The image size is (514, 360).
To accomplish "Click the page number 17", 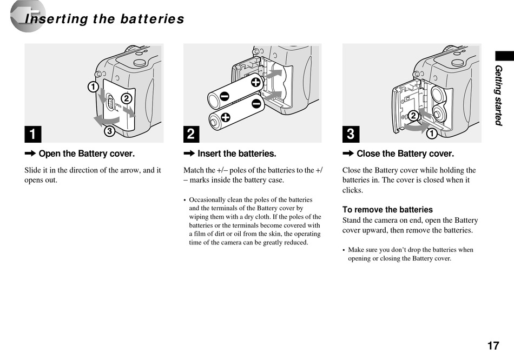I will tap(492, 345).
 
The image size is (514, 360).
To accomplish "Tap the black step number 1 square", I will tap(32, 134).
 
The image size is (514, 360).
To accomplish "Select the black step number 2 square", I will tap(192, 134).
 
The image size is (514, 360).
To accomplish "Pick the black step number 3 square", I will tap(351, 134).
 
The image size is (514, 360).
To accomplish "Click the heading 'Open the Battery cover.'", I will tap(87, 154).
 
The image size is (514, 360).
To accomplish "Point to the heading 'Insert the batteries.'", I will tap(236, 154).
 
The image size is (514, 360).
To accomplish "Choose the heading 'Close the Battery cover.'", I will tap(405, 154).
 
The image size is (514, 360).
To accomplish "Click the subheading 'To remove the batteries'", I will tap(387, 210).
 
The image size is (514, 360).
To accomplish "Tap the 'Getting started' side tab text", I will tap(498, 95).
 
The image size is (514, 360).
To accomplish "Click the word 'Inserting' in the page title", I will tap(56, 19).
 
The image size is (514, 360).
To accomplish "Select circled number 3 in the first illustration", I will tap(109, 131).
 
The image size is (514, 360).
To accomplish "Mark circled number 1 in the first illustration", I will tap(93, 86).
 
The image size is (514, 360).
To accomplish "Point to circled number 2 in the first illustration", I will tap(126, 98).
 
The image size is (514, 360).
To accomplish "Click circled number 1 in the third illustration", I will tap(432, 133).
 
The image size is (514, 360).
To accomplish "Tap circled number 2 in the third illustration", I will tap(412, 116).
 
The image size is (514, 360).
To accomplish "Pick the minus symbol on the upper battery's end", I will tap(223, 96).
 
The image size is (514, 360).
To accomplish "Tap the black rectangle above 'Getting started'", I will tap(504, 55).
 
